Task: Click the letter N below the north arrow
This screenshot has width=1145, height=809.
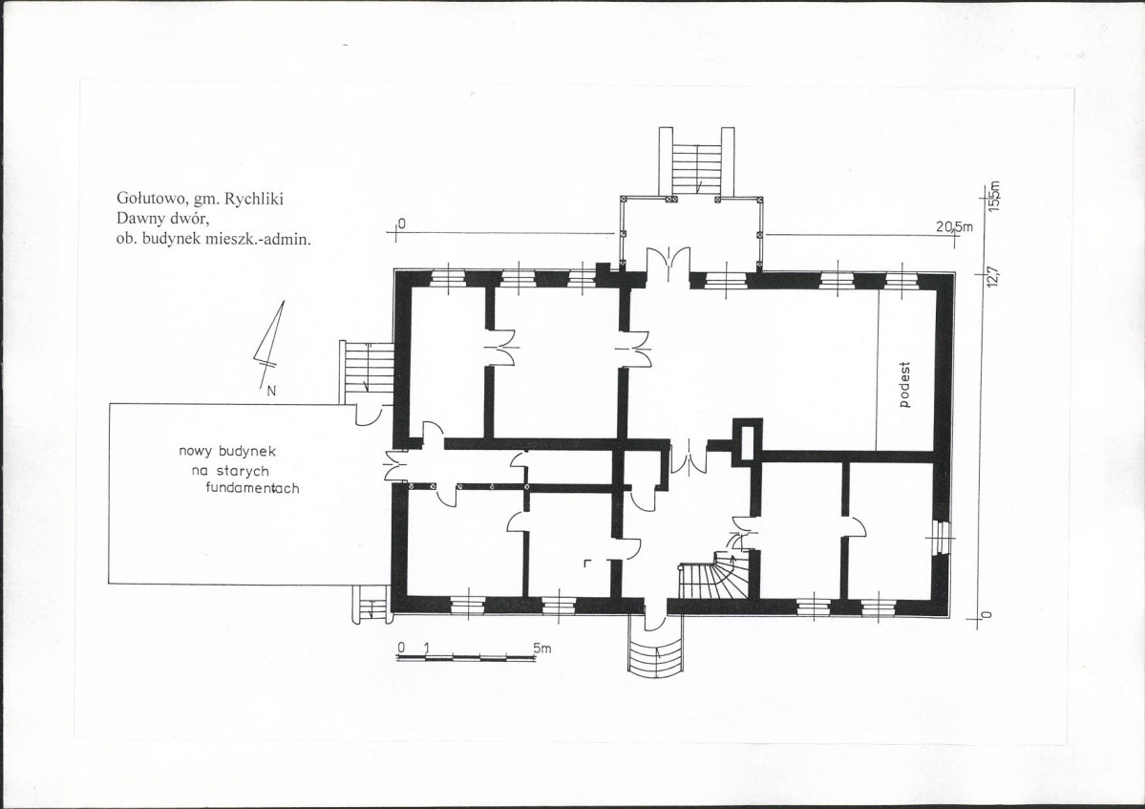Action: pyautogui.click(x=271, y=391)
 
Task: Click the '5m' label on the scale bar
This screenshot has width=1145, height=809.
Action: pyautogui.click(x=541, y=648)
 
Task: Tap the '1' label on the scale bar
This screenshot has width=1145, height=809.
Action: pyautogui.click(x=426, y=648)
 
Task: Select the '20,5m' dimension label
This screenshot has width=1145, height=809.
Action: pyautogui.click(x=954, y=227)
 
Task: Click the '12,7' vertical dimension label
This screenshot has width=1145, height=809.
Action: pyautogui.click(x=992, y=277)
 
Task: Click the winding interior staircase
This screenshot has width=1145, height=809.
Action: pyautogui.click(x=713, y=576)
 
